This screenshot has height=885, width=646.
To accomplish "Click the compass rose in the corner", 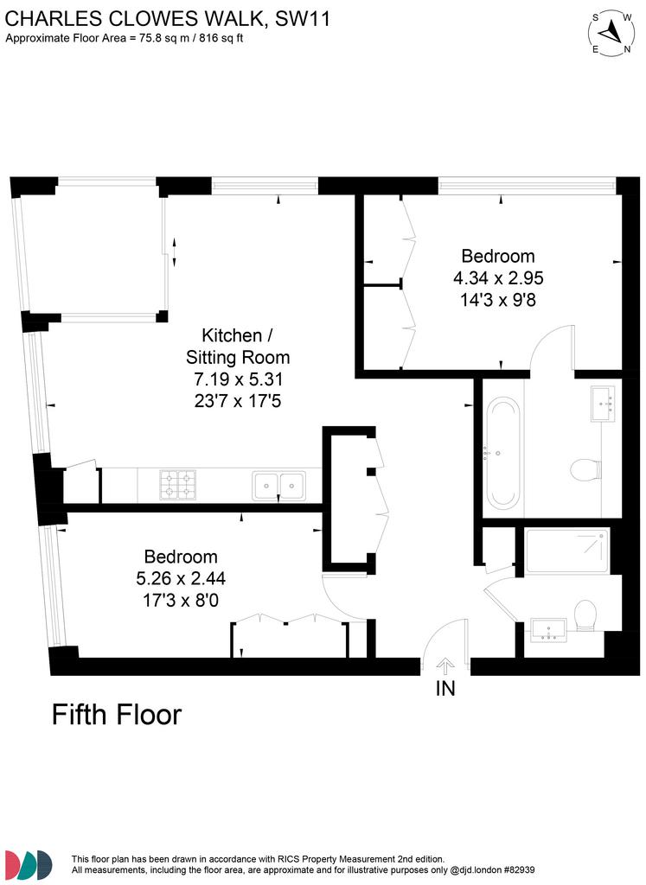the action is coord(611,33).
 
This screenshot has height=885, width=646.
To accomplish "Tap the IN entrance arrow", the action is coord(445,666).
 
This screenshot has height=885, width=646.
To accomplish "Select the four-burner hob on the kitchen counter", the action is coord(178,485).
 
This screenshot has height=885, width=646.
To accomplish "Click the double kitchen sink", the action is coord(279,486).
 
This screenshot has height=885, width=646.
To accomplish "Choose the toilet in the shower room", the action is coord(585,614).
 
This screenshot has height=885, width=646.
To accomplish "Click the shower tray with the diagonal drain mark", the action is coord(567,551).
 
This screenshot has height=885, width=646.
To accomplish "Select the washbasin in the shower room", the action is coord(548,630).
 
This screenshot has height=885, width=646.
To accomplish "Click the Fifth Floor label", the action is coord(117,715).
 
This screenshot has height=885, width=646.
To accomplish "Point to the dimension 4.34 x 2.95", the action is coord(498,277).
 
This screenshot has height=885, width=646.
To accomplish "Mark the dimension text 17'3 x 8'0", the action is coord(181,600).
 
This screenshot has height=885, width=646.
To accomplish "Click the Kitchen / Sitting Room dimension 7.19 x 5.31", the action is coord(238,379).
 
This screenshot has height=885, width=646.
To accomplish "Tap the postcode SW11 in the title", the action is coord(302,19).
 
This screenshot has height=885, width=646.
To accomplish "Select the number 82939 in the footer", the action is coord(521,869).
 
